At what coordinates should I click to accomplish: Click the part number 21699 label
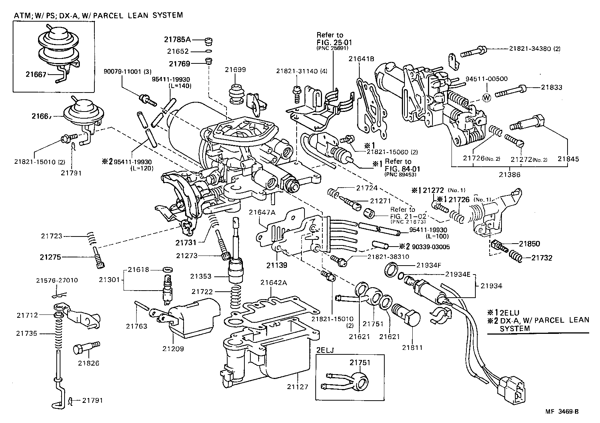[x=235, y=69]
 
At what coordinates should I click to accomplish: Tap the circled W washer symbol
[x=487, y=97]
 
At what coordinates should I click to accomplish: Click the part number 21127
[x=298, y=387]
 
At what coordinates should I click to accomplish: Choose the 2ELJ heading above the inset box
[x=326, y=350]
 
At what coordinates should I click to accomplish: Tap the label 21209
[x=173, y=349]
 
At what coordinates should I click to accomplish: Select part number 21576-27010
[x=57, y=280]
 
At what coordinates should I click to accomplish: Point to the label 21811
[x=412, y=348]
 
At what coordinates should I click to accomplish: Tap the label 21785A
[x=177, y=39]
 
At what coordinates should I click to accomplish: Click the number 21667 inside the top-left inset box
[x=36, y=74]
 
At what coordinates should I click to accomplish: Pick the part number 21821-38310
[x=388, y=257]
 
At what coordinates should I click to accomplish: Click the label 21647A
[x=262, y=212]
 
